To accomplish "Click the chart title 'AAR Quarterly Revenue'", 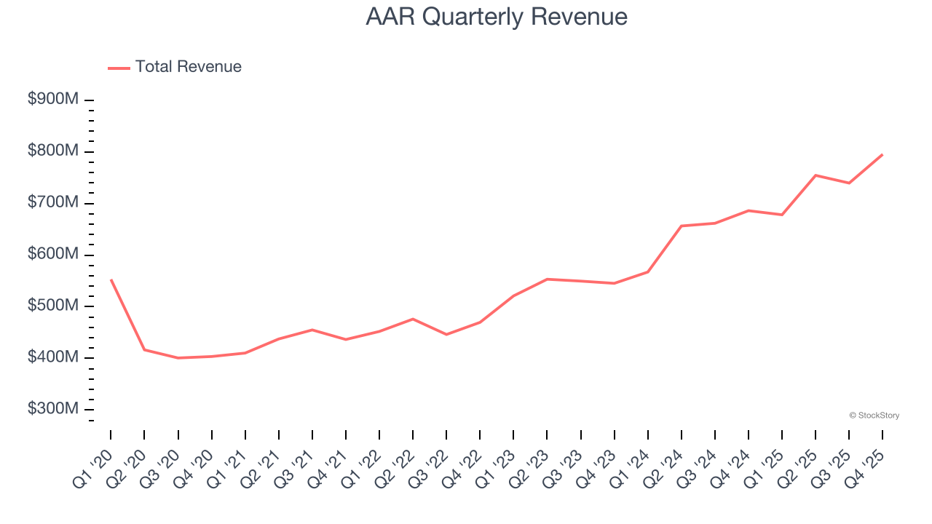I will click(497, 17).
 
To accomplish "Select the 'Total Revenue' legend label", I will click(188, 67).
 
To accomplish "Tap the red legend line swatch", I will click(119, 68).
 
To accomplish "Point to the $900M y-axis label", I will click(52, 100).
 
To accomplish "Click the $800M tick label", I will click(52, 151).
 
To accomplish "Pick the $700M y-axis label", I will click(52, 203).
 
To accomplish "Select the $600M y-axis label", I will click(52, 255).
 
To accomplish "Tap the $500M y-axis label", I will click(52, 306).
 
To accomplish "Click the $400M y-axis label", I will click(52, 358).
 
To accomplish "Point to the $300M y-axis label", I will click(52, 410).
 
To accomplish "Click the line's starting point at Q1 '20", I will click(111, 279).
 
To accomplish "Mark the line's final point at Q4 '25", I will click(882, 154).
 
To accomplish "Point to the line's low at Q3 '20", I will click(178, 358).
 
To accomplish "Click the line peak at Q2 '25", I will click(815, 175).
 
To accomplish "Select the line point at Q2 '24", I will click(682, 226).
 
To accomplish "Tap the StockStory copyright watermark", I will click(874, 416).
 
